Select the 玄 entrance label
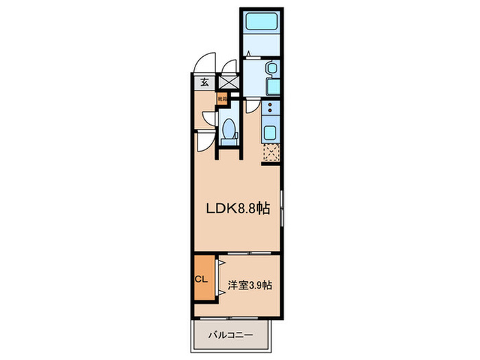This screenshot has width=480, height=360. pos(204,82)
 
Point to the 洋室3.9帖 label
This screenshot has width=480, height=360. pos(251,284)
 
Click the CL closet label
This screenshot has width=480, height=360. pos(202,279)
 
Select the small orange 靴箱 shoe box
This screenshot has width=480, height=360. pos(222,99)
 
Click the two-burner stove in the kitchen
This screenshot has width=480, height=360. pos(270,108)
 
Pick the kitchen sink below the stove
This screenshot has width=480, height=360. pos(270,132)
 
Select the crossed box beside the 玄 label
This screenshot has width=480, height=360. pos(228,82)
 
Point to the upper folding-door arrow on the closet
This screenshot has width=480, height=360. pos(220,263)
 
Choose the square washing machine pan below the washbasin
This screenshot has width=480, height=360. pos(270,88)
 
